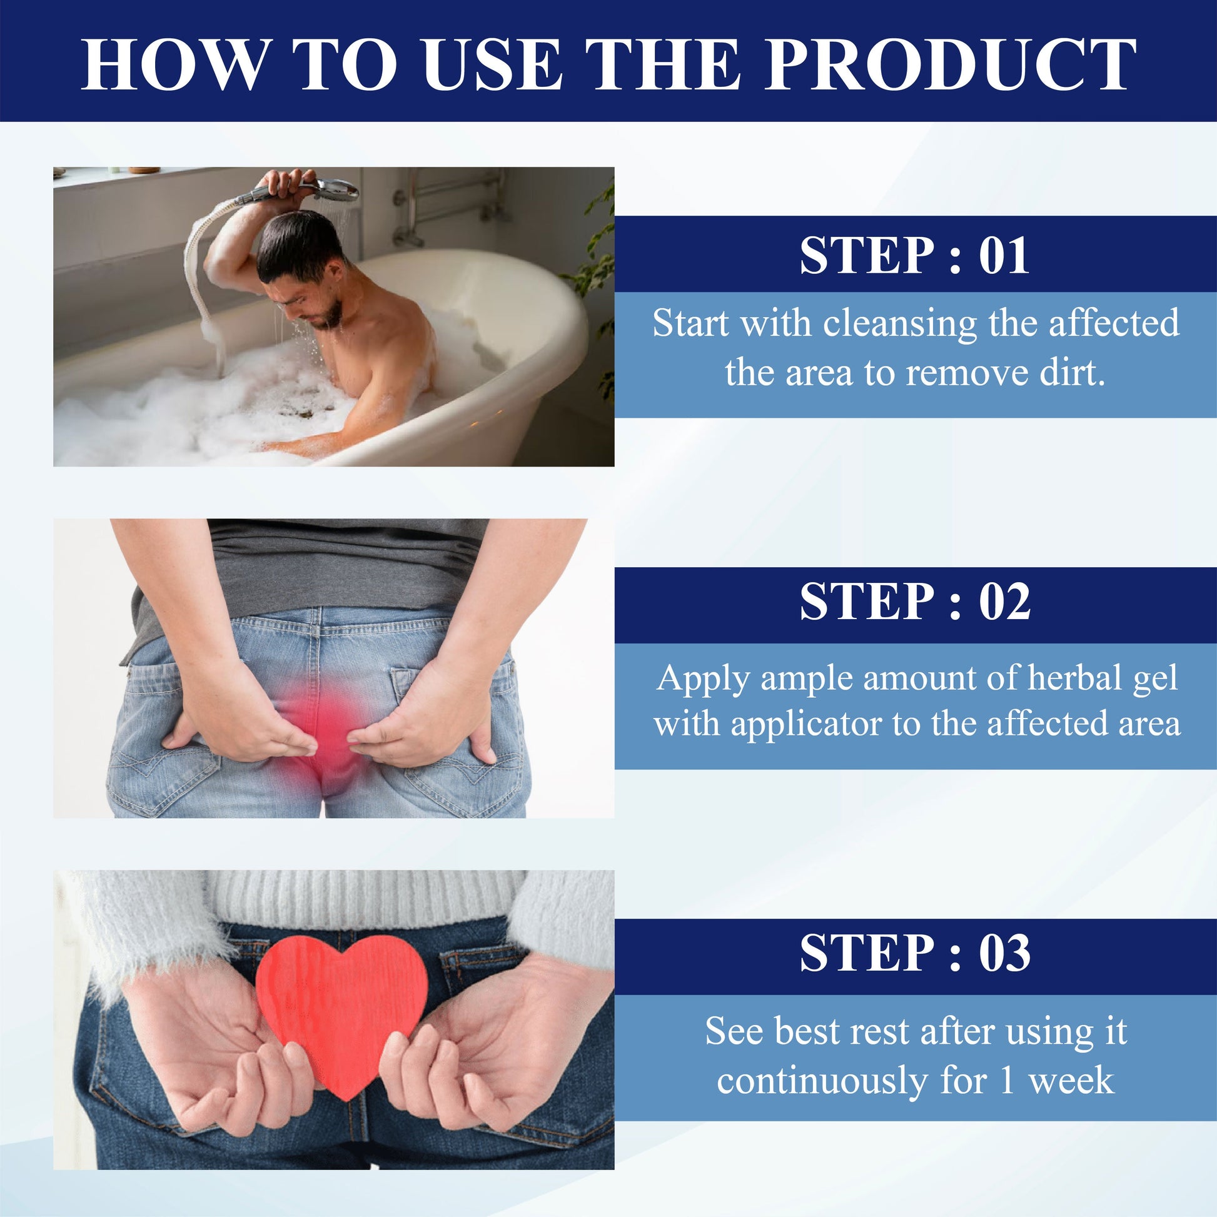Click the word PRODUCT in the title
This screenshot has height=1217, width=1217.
pyautogui.click(x=951, y=64)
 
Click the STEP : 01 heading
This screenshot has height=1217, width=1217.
pyautogui.click(x=915, y=255)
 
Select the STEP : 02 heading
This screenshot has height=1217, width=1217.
pyautogui.click(x=916, y=602)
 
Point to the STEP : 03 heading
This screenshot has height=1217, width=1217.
pyautogui.click(x=916, y=953)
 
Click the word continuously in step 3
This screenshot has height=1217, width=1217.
pyautogui.click(x=822, y=1081)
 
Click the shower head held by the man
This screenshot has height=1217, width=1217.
pyautogui.click(x=331, y=189)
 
